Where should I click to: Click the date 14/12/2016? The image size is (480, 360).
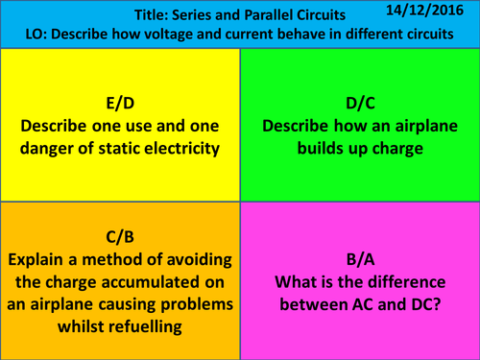click(429, 11)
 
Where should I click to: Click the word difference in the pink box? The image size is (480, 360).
click(410, 281)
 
